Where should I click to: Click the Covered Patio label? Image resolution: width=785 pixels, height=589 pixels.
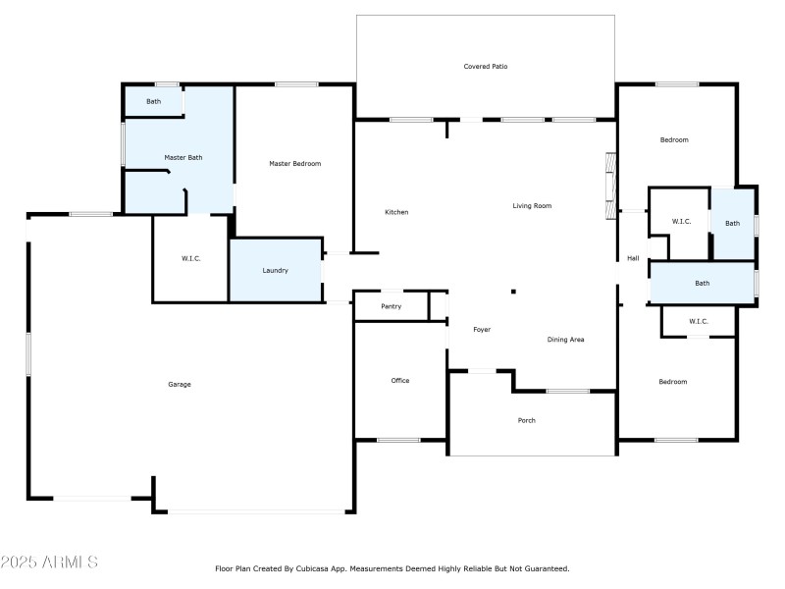point(486,67)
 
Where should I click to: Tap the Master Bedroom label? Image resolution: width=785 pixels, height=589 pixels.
point(294,164)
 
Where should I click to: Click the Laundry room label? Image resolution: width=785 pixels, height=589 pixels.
point(275,270)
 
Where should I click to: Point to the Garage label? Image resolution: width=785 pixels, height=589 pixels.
point(179,384)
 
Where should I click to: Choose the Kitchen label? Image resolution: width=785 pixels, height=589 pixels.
point(396,212)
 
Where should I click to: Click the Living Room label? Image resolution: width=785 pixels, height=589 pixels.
point(532,206)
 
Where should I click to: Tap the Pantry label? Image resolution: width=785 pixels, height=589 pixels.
point(391,307)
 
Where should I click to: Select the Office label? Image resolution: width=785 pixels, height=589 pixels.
point(399,381)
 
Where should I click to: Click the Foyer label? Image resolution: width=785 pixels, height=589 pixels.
point(482,330)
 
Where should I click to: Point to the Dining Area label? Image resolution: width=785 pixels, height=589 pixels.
point(565,340)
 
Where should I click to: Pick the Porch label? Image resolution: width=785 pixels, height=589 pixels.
point(527,420)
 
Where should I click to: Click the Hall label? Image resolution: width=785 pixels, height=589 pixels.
point(633,259)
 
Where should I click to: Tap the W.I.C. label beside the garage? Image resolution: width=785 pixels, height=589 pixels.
point(190,259)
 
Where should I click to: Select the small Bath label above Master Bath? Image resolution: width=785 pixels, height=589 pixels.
point(154,101)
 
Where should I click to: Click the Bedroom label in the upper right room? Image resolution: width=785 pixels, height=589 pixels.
point(673,140)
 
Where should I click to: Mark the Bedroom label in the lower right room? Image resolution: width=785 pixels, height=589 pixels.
point(672,382)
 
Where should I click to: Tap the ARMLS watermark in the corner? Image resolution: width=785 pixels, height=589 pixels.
point(49,562)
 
